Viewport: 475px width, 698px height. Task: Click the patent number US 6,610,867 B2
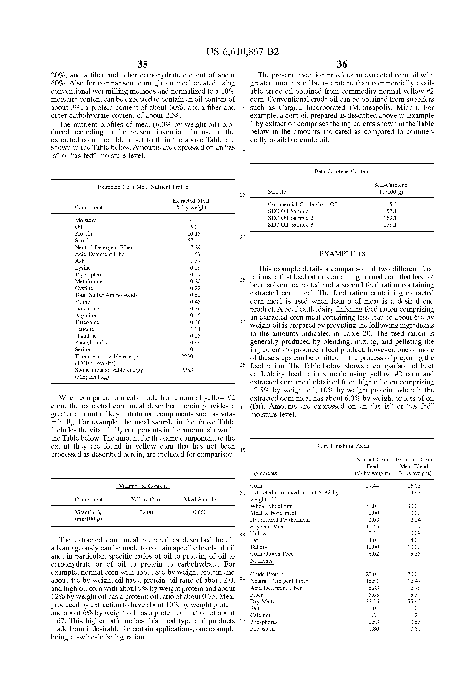pos(242,52)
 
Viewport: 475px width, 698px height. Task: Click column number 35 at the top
pos(143,64)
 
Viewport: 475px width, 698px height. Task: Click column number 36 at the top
pos(342,64)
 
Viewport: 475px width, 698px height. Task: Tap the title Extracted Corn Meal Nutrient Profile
pos(143,187)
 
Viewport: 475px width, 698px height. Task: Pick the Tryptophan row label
pos(89,275)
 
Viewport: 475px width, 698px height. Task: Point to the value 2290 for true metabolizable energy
pos(187,357)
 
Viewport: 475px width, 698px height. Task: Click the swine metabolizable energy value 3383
pos(187,370)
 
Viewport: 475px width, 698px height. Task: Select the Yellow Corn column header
pos(146,500)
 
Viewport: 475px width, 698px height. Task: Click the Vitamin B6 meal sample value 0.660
pos(200,512)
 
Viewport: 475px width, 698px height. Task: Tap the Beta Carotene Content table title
pos(342,171)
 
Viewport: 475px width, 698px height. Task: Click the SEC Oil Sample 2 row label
pos(290,218)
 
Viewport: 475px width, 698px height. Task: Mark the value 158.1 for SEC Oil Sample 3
pos(390,225)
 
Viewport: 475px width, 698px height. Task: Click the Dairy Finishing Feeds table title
pos(342,446)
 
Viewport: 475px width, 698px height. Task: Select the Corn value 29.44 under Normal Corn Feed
pos(372,486)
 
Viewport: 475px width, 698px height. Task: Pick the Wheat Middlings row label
pos(271,506)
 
